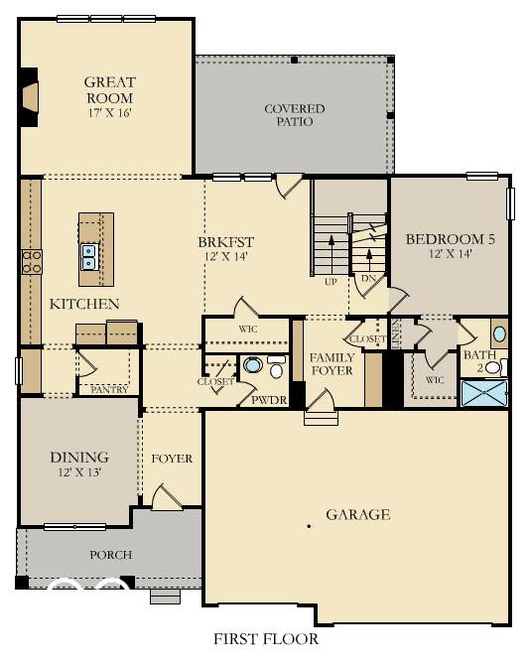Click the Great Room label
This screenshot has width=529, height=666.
tap(110, 89)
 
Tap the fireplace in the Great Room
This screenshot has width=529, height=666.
tap(30, 97)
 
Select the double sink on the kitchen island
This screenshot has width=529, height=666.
tap(88, 257)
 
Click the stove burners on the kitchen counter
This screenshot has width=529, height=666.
tap(32, 262)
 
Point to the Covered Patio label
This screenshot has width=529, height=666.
tap(295, 115)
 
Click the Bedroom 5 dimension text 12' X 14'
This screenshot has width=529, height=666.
tap(451, 254)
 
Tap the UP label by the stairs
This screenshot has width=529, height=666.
tap(331, 282)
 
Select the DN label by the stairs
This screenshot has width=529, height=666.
tap(368, 279)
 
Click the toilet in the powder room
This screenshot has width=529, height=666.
tap(276, 368)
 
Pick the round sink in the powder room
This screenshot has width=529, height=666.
tap(252, 364)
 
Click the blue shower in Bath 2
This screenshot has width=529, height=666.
tap(484, 393)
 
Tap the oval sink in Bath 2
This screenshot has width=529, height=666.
tap(499, 333)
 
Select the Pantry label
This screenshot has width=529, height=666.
tap(109, 389)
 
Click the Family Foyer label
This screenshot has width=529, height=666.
tap(331, 364)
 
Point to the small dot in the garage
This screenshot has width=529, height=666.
tap(309, 526)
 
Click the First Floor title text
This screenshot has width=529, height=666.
tap(266, 639)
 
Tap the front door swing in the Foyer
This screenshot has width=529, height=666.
tap(167, 496)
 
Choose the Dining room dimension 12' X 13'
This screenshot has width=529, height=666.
tap(79, 471)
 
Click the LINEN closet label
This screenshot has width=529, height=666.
tap(395, 333)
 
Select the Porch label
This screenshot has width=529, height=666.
tap(111, 555)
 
